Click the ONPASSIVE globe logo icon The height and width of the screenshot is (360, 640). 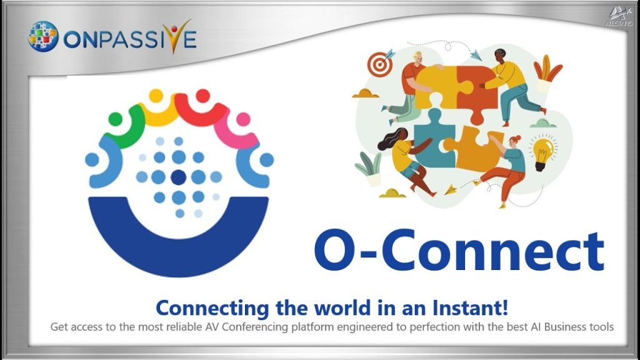click(43, 36)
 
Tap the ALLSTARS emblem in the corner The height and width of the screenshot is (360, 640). click(619, 17)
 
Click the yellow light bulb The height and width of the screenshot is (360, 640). click(542, 152)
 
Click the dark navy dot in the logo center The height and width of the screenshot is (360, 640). click(178, 177)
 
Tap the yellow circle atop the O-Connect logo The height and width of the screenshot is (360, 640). click(156, 96)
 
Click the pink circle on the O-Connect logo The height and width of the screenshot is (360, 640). click(243, 119)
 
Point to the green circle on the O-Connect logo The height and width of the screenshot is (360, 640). click(116, 119)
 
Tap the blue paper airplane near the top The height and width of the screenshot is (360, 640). click(476, 54)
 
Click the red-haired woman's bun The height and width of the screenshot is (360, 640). click(518, 138)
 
